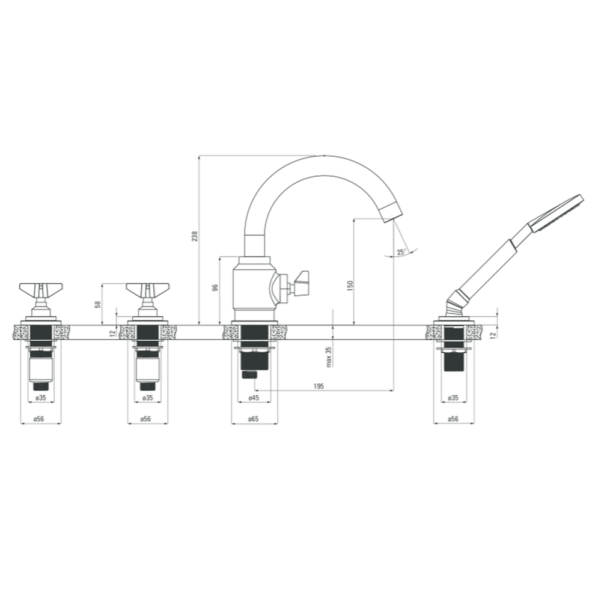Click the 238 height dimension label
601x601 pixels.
(x=195, y=236)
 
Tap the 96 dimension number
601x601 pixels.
(x=215, y=288)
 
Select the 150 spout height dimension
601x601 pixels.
(x=350, y=285)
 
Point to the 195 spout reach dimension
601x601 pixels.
(x=319, y=386)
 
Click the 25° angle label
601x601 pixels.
(x=401, y=252)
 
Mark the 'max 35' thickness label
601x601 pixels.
(x=329, y=357)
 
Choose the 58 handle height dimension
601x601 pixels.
(x=98, y=304)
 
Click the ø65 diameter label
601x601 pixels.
(x=254, y=419)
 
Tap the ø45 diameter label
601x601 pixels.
(x=254, y=398)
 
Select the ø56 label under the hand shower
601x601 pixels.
(x=453, y=419)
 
